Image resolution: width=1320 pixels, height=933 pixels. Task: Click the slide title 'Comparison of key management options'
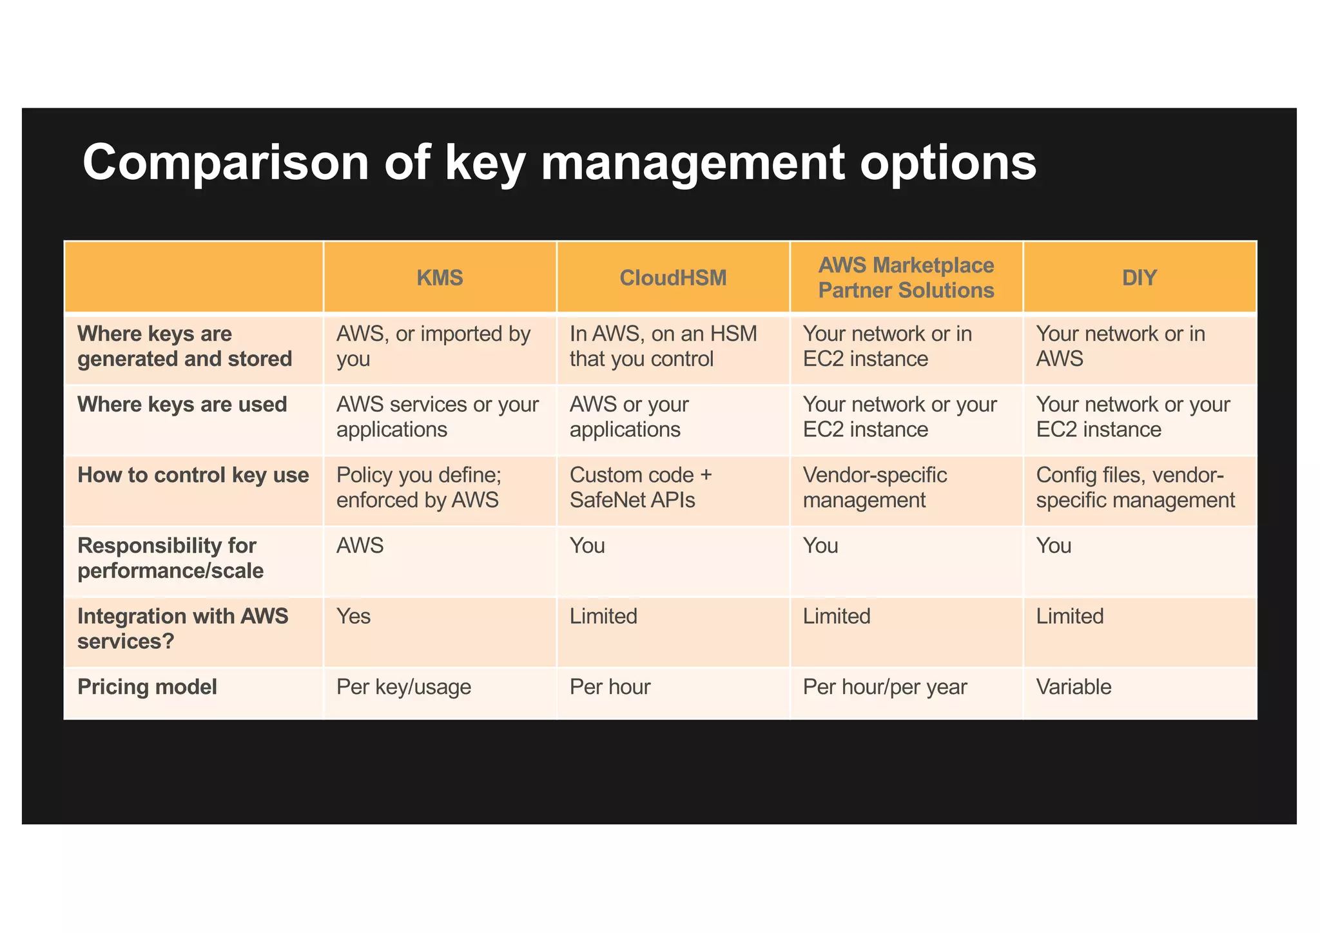[x=559, y=162]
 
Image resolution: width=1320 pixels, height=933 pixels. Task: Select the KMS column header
[x=440, y=278]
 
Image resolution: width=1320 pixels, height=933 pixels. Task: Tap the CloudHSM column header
[x=673, y=278]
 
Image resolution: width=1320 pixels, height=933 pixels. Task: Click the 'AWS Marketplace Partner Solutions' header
[x=906, y=278]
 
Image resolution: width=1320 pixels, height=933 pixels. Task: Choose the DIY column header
[x=1140, y=278]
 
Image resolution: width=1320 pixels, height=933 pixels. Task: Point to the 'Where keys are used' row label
[x=182, y=405]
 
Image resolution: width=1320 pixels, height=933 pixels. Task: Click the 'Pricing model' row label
[x=147, y=687]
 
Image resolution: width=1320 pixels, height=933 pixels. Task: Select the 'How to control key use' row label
[x=193, y=476]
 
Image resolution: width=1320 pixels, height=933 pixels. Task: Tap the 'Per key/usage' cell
[x=404, y=687]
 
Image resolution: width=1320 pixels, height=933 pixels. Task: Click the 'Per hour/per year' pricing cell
[x=885, y=687]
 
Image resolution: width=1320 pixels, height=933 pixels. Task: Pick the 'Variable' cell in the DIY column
[x=1074, y=687]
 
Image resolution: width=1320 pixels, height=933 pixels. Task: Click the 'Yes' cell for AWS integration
[x=354, y=617]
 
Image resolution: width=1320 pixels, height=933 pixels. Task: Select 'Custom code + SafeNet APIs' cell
[x=641, y=488]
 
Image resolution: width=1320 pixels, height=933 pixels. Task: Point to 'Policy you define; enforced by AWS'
[x=419, y=488]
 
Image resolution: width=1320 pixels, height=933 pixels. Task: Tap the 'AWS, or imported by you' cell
[x=433, y=346]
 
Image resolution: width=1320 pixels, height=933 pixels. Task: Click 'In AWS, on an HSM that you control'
[x=663, y=346]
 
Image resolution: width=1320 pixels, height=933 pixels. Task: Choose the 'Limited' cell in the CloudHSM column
[x=603, y=617]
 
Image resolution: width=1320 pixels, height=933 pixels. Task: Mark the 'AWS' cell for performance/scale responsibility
[x=360, y=546]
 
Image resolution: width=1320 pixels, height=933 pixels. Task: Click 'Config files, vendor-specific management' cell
[x=1136, y=488]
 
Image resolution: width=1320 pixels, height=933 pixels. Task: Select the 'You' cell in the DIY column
[x=1054, y=546]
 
